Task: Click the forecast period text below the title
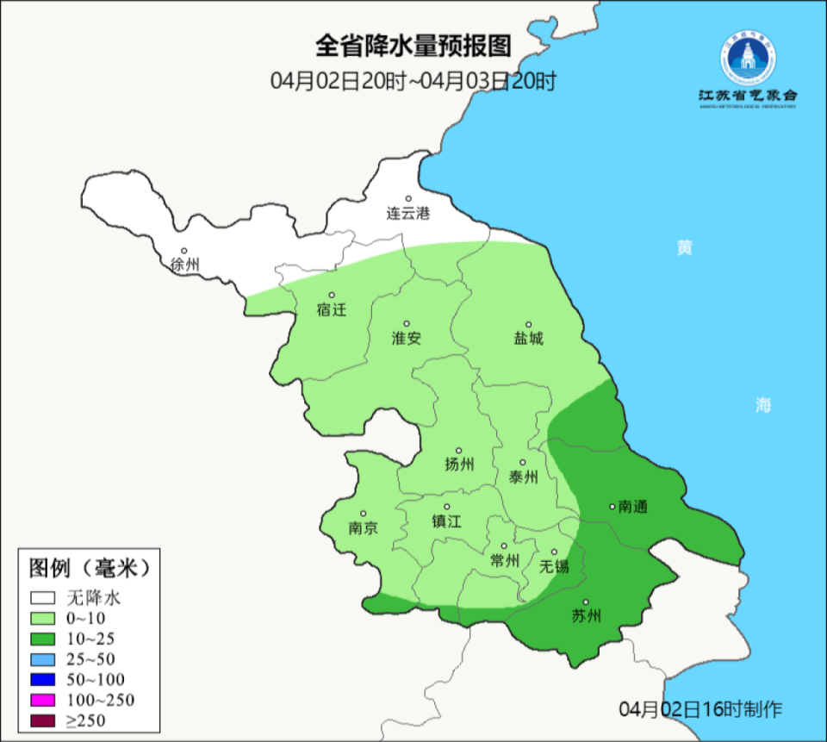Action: point(413,81)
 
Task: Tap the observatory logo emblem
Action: point(747,59)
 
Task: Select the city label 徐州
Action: point(184,265)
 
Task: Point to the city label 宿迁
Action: point(331,309)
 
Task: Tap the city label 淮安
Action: point(407,339)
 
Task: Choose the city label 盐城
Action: point(529,339)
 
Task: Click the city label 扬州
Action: point(459,465)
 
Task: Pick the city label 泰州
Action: point(524,477)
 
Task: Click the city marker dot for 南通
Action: point(612,507)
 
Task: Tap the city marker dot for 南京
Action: point(364,514)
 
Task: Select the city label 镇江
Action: point(446,521)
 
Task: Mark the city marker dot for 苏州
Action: point(586,602)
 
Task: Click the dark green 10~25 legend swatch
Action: point(43,639)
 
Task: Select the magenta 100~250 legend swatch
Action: point(43,700)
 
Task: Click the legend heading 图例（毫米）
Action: point(90,568)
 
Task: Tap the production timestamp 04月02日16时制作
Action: point(700,709)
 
